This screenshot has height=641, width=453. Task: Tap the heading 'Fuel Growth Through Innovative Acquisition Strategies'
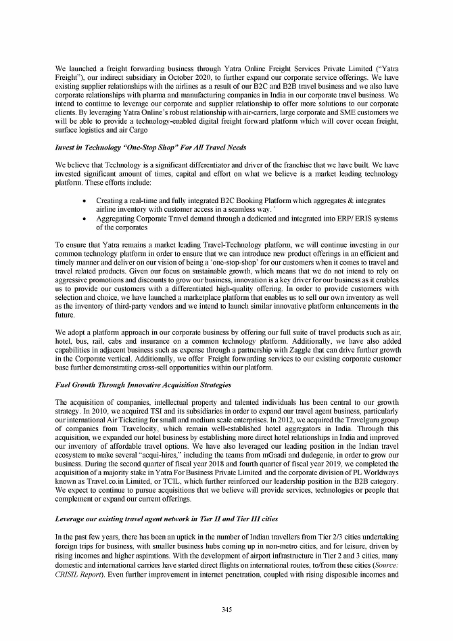click(143, 384)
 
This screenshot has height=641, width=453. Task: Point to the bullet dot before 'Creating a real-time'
click(82, 202)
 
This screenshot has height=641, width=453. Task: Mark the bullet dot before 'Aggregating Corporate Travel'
click(82, 219)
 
